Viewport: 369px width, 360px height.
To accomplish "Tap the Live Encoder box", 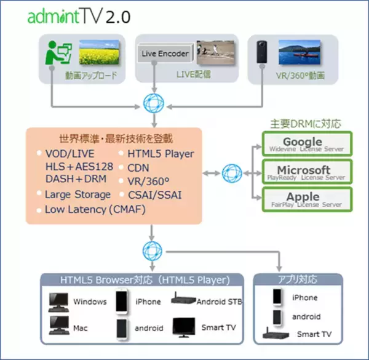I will (x=165, y=54).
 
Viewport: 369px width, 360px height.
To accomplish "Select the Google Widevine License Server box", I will (x=307, y=145).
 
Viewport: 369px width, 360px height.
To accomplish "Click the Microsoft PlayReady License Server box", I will (x=307, y=172).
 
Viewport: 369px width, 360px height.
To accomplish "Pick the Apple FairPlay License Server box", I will (x=307, y=199).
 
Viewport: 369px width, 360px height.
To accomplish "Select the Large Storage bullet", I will (x=77, y=194).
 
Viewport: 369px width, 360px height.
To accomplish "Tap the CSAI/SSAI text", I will (x=155, y=194).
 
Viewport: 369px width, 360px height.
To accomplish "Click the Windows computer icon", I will (x=59, y=302).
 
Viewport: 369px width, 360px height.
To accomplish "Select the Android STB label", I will (x=218, y=302).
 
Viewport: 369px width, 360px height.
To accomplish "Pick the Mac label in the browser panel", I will (x=81, y=328).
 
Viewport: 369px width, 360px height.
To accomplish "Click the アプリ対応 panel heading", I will (x=298, y=279).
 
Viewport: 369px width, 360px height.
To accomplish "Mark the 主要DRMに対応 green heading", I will (x=306, y=123).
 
